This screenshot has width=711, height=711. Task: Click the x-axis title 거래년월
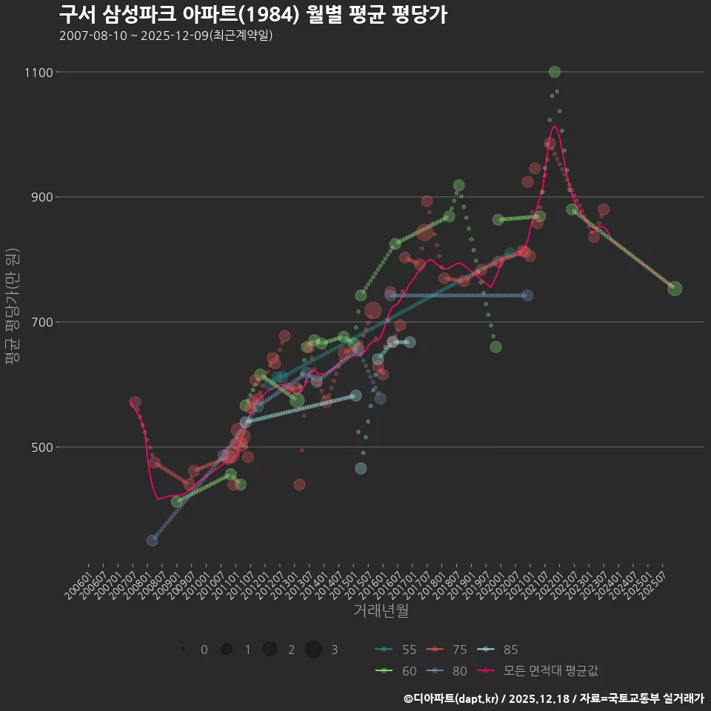click(x=381, y=611)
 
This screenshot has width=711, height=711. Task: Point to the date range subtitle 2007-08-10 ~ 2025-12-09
click(x=166, y=36)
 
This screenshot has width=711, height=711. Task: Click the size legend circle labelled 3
click(x=313, y=650)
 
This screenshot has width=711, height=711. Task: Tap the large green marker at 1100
click(x=555, y=72)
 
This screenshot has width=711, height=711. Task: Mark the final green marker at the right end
click(x=675, y=288)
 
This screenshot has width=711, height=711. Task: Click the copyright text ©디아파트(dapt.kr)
click(x=452, y=698)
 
